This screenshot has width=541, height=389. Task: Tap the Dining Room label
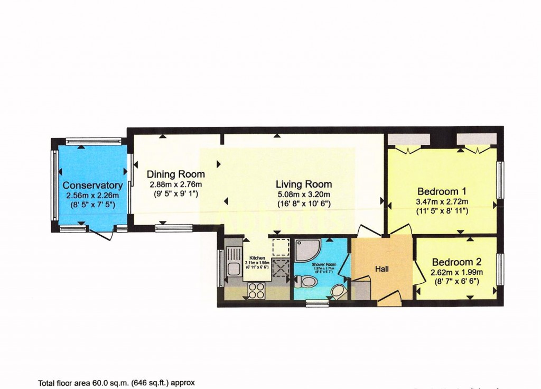tap(175, 174)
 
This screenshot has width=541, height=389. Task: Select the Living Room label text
tap(304, 184)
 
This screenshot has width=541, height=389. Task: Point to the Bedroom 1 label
tap(442, 191)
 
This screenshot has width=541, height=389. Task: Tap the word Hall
tap(382, 269)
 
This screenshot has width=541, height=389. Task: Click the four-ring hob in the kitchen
tap(256, 290)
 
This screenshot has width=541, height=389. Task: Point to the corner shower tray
tap(307, 251)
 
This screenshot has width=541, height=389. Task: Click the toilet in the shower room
tap(306, 282)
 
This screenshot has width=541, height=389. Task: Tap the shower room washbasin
tap(338, 291)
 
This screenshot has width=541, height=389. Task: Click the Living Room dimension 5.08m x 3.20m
tap(304, 195)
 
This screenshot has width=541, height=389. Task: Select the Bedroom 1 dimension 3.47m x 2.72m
tap(442, 201)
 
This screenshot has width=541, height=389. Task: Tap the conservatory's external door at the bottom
tap(101, 234)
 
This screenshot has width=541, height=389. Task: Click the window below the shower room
tap(317, 303)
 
